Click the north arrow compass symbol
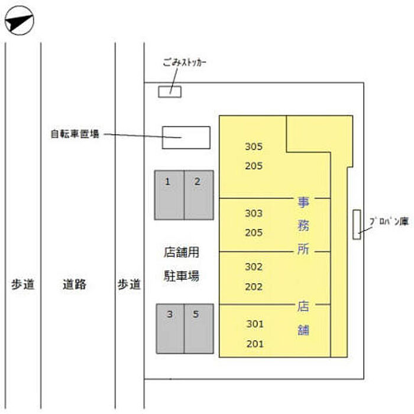(x=19, y=22)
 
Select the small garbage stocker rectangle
(x=170, y=92)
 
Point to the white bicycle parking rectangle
(x=186, y=138)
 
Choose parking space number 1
(x=169, y=195)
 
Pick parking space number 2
(x=198, y=195)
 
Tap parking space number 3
(x=170, y=329)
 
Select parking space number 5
(x=198, y=329)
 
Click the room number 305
(x=253, y=147)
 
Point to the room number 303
(x=253, y=213)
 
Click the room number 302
(x=253, y=267)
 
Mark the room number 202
(x=253, y=286)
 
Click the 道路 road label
(x=74, y=284)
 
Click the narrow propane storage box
(x=357, y=225)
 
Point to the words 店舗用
(x=181, y=253)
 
